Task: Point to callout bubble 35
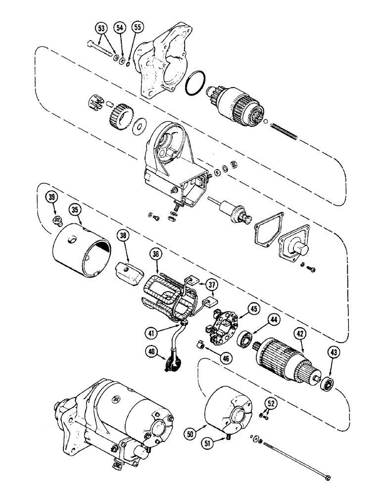click(x=75, y=210)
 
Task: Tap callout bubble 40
click(x=151, y=352)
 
